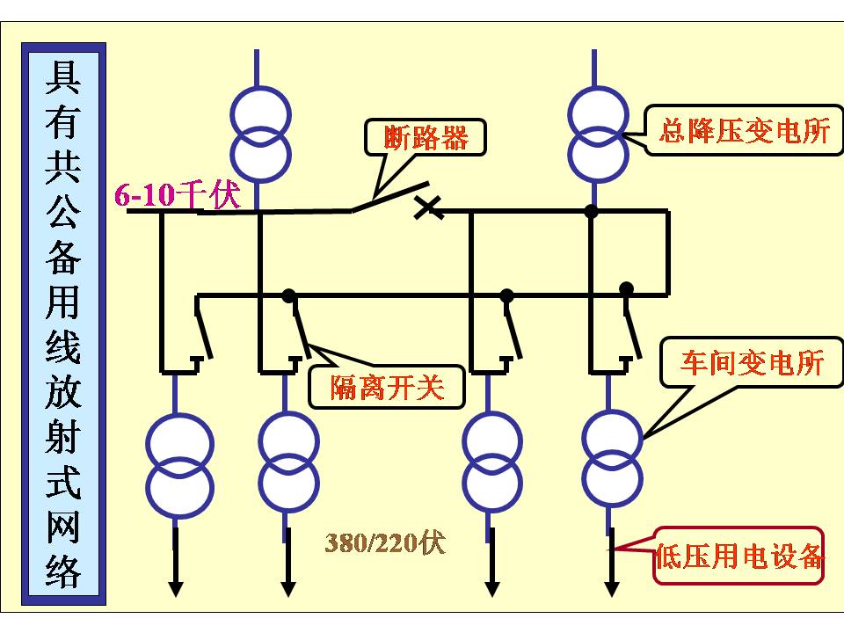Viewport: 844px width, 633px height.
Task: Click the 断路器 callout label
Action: pyautogui.click(x=426, y=138)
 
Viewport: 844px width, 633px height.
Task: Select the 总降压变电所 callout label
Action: pyautogui.click(x=744, y=132)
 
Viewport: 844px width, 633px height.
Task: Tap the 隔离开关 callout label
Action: pyautogui.click(x=386, y=386)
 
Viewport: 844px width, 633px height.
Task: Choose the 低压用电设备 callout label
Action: pyautogui.click(x=738, y=556)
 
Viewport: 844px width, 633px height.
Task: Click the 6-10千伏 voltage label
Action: pyautogui.click(x=177, y=195)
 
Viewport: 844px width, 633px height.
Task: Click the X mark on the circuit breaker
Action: pyautogui.click(x=428, y=207)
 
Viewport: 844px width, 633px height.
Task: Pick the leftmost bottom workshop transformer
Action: pyautogui.click(x=178, y=461)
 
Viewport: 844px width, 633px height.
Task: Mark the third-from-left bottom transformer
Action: pyautogui.click(x=492, y=461)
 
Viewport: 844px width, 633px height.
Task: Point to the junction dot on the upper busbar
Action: pyautogui.click(x=592, y=211)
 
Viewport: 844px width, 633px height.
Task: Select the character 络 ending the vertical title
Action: pyautogui.click(x=63, y=571)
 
